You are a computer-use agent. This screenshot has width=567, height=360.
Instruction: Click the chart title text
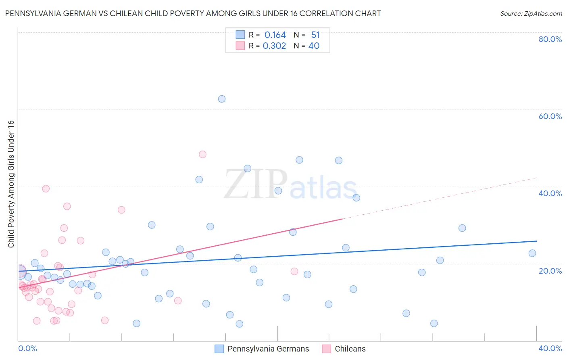click(193, 14)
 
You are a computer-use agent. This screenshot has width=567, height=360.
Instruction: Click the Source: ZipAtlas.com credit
click(531, 14)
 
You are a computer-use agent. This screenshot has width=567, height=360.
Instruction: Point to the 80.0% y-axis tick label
click(550, 39)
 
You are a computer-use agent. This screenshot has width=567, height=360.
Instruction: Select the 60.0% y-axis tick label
click(550, 116)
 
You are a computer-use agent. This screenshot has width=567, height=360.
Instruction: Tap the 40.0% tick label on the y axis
click(550, 193)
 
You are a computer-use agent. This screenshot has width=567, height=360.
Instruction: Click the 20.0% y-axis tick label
click(550, 271)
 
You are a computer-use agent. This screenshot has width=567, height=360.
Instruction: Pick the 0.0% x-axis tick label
click(27, 348)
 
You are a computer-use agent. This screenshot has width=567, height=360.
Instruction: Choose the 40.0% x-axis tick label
click(550, 348)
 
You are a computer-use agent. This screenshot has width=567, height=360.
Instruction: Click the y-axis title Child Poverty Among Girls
click(11, 184)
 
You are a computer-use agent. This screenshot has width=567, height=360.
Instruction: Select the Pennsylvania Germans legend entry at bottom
click(262, 349)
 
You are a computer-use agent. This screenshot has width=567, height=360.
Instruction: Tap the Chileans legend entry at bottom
click(344, 349)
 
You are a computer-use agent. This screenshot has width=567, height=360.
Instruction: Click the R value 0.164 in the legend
click(275, 35)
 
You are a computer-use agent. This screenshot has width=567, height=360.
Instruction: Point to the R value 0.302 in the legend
click(274, 46)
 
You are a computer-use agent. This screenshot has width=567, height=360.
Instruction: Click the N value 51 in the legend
click(315, 35)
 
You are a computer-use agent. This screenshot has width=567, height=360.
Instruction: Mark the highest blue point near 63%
click(222, 99)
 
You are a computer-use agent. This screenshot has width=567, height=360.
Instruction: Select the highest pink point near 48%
click(203, 155)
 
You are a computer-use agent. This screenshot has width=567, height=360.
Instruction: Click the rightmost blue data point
click(532, 253)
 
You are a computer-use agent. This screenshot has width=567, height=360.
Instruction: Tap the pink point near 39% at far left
click(46, 189)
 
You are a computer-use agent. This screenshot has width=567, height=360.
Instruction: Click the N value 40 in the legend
click(314, 46)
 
